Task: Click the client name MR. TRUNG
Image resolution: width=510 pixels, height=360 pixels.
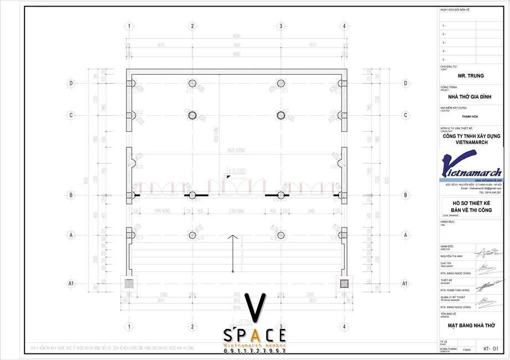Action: pos(471,75)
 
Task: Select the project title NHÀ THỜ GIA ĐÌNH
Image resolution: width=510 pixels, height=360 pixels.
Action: pos(471,96)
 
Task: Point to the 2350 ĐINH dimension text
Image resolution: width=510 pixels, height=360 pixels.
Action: pos(238,211)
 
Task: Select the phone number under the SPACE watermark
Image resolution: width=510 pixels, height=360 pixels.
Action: pos(255,352)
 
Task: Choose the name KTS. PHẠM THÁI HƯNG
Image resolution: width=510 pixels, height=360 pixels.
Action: pos(456,290)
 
